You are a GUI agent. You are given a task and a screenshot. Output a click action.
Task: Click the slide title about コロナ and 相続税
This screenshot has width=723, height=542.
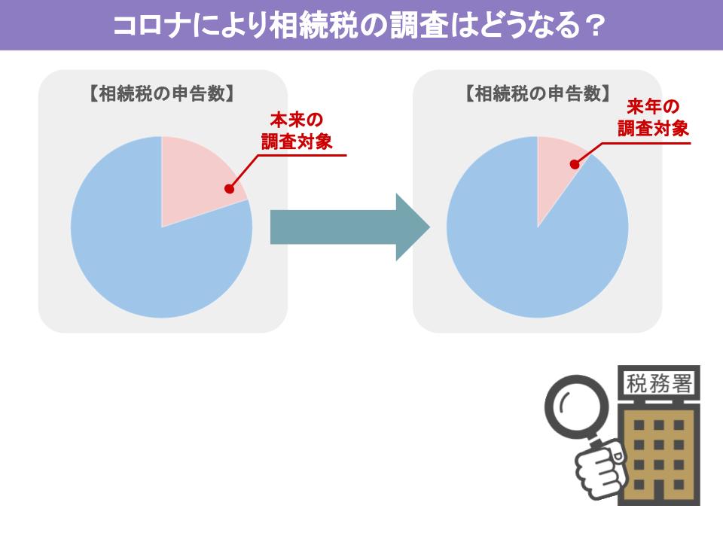click(x=358, y=26)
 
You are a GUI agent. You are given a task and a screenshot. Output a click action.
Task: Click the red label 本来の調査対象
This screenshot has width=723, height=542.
click(x=297, y=131)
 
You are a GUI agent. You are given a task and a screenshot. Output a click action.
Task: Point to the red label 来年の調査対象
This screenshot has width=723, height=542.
click(x=653, y=118)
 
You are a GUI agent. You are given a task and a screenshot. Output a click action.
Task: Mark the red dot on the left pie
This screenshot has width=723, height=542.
click(x=229, y=188)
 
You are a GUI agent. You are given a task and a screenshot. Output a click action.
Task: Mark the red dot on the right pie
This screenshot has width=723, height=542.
click(x=575, y=164)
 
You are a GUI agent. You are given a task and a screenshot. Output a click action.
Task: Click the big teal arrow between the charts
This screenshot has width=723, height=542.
click(x=350, y=227)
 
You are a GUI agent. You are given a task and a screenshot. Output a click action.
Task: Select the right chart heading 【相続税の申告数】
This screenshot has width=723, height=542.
click(x=538, y=94)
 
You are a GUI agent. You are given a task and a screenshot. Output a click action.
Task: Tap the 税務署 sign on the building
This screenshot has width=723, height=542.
click(x=659, y=383)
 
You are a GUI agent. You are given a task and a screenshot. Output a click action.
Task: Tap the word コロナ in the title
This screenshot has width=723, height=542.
click(x=151, y=26)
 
